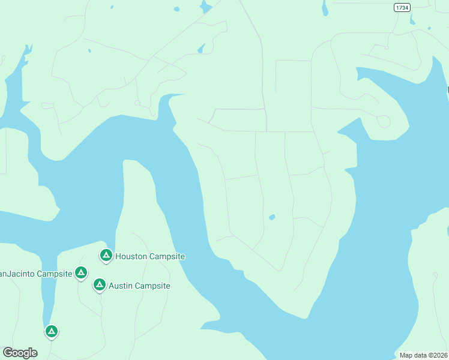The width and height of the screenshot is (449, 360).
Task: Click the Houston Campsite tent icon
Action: pyautogui.click(x=106, y=256)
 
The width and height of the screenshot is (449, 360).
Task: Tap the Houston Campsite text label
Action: pyautogui.click(x=150, y=256)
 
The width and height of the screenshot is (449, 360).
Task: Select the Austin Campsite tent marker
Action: pyautogui.click(x=100, y=284)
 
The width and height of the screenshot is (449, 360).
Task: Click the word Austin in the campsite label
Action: pyautogui.click(x=121, y=286)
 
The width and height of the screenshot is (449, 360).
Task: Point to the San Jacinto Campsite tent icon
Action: pyautogui.click(x=81, y=273)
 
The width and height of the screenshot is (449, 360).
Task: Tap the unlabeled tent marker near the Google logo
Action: pyautogui.click(x=52, y=331)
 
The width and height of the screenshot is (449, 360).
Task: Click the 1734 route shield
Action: pyautogui.click(x=403, y=7)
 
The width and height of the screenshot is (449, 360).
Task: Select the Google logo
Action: pyautogui.click(x=20, y=352)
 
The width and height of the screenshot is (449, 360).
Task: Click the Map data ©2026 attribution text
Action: pyautogui.click(x=424, y=355)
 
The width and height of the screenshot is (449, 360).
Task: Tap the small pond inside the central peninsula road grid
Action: pyautogui.click(x=272, y=217)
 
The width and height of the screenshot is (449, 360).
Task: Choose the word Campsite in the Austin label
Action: pyautogui.click(x=152, y=286)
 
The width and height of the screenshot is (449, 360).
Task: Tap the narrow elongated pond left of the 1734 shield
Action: pyautogui.click(x=325, y=8)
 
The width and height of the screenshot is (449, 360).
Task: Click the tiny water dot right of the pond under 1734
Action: pyautogui.click(x=429, y=28)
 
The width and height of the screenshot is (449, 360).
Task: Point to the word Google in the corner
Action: pyautogui.click(x=20, y=352)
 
